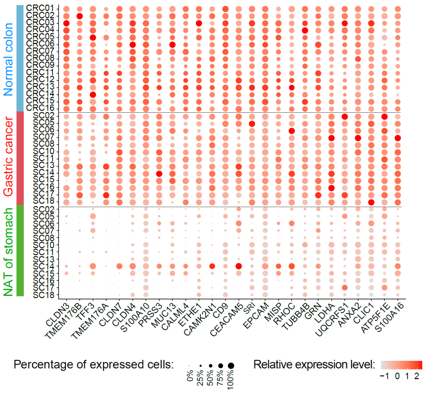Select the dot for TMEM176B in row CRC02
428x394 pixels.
tap(79, 16)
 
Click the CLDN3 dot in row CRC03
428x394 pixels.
tap(66, 23)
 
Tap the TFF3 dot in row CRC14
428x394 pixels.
tap(93, 95)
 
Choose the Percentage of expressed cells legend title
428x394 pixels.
tap(94, 364)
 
